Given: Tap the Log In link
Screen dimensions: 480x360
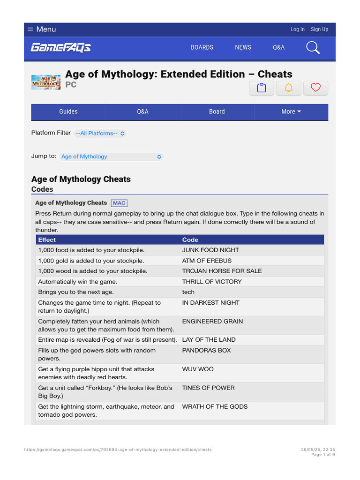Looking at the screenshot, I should (x=297, y=29).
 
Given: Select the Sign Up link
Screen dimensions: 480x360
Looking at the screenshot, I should (x=319, y=29).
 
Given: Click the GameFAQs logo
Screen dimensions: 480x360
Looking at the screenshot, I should (x=61, y=47).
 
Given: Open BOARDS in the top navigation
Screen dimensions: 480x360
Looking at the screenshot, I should (x=202, y=47).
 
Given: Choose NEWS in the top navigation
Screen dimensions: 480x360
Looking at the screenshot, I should (x=243, y=47).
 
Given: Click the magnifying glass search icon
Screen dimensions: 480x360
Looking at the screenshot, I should (x=313, y=47).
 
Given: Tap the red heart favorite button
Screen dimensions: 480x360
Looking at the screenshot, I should (x=315, y=88).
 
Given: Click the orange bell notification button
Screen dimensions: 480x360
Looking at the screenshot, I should (x=289, y=88).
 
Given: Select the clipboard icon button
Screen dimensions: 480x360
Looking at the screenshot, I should (x=262, y=88).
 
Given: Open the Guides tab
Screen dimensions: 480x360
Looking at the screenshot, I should (x=68, y=112).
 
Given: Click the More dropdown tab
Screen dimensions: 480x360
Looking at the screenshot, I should (x=291, y=112).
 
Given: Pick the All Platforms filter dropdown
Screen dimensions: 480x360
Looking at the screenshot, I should (x=100, y=133).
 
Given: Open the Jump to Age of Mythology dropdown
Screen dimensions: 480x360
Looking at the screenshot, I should (x=112, y=157).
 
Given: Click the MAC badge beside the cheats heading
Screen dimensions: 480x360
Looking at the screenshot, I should (x=119, y=203).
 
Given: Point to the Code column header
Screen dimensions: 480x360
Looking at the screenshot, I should (x=190, y=240).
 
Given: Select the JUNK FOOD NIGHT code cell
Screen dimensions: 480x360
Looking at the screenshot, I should (x=210, y=250).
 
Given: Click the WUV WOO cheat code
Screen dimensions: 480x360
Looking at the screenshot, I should (x=198, y=369).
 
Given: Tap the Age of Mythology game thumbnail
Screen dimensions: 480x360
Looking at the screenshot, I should (x=46, y=82).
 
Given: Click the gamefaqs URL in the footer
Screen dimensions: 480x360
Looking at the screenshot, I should (x=118, y=450).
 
